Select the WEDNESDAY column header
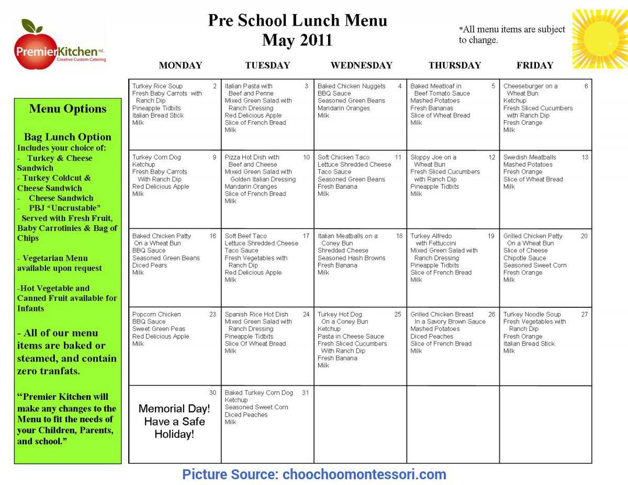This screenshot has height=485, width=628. tap(361, 65)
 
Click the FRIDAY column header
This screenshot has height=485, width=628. tap(534, 65)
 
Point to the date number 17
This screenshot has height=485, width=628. tap(306, 236)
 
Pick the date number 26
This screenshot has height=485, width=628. tap(491, 315)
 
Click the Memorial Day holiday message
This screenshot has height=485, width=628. tap(174, 421)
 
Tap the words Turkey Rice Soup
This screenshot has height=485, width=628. tap(158, 86)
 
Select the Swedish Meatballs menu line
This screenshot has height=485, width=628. tap(530, 157)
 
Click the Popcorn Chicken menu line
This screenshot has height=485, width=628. tap(156, 315)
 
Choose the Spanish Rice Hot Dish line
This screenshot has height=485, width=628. tap(256, 315)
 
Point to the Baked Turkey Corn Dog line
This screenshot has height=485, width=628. tap(259, 393)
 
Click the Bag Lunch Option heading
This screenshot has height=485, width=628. tap(68, 137)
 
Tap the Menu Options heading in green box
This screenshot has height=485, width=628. tap(68, 109)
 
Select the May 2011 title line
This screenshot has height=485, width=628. tap(297, 40)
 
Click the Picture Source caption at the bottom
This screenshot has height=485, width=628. tap(314, 475)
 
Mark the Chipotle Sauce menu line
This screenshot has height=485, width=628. tap(524, 258)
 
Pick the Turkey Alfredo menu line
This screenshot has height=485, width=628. tap(431, 236)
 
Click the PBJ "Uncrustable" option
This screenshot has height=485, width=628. tap(64, 208)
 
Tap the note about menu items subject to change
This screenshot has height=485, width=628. tap(511, 34)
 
